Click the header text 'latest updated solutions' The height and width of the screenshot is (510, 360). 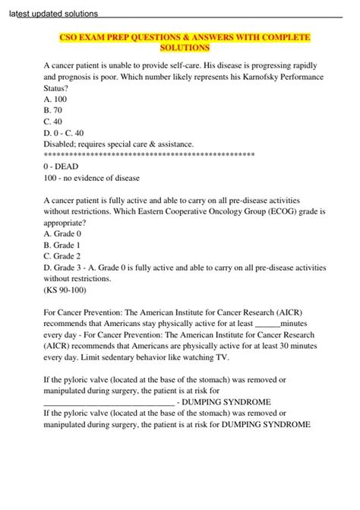click(55, 15)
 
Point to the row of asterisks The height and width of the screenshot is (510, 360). click(150, 154)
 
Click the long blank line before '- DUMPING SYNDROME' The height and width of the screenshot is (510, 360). click(109, 402)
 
